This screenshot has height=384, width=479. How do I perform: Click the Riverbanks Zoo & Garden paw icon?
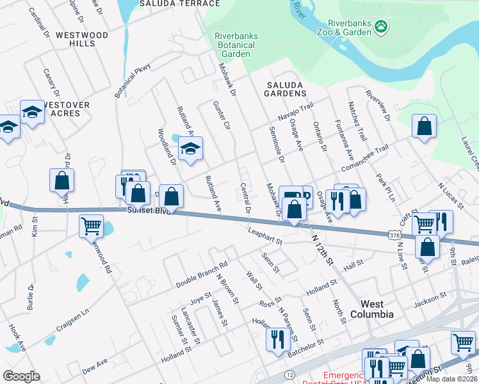click(382, 26)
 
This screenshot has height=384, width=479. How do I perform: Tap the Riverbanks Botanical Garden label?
click(236, 45)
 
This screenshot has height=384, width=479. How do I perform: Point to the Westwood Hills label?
click(81, 39)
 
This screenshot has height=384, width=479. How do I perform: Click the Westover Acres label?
click(66, 109)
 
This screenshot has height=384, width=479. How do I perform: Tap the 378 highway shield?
click(394, 236)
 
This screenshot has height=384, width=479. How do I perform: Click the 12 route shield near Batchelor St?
click(291, 374)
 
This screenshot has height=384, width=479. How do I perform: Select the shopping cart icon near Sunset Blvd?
click(91, 225)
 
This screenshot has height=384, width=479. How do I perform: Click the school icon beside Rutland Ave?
click(190, 149)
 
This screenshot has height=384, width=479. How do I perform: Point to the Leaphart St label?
click(266, 237)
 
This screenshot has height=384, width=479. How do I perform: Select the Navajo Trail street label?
click(295, 113)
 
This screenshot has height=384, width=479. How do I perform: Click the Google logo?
click(21, 376)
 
